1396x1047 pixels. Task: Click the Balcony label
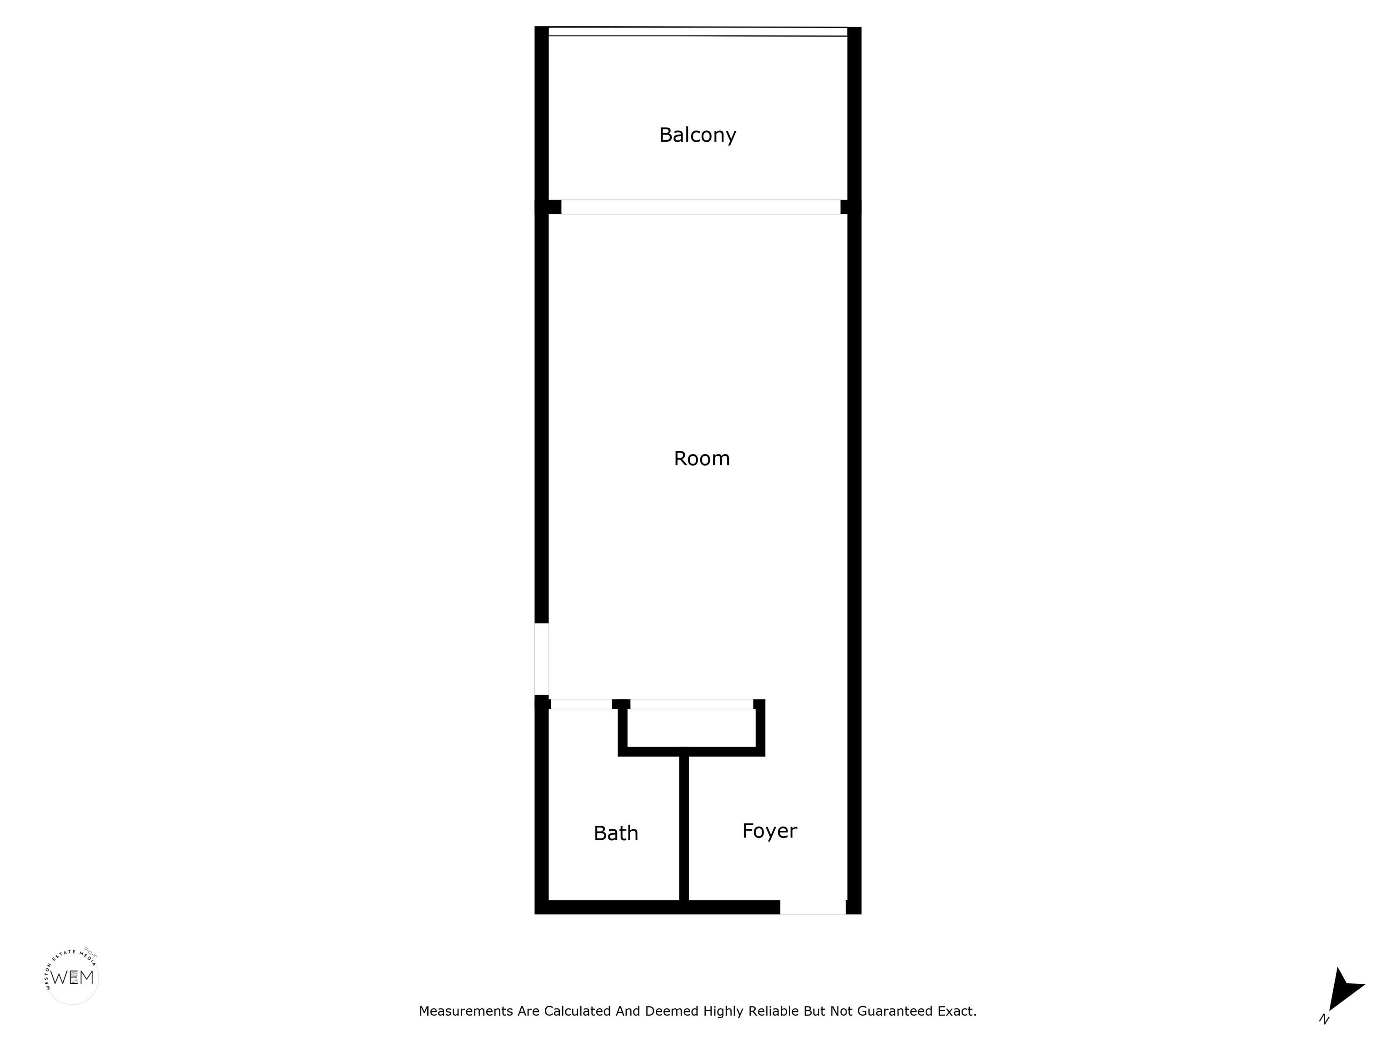(x=698, y=135)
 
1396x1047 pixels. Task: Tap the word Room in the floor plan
(x=702, y=458)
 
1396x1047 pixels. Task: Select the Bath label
(x=616, y=833)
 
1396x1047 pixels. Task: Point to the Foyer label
(x=769, y=831)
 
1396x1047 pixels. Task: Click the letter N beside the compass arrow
(x=1324, y=1019)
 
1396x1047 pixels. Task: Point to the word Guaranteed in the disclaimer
(x=894, y=1011)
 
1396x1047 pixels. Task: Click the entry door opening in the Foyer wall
(x=813, y=907)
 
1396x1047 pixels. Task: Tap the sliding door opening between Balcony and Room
(x=701, y=207)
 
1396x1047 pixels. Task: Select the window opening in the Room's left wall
(x=542, y=659)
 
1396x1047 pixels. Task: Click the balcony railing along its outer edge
(x=698, y=31)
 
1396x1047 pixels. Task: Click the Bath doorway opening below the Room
(x=581, y=704)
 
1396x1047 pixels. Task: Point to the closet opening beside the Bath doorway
(x=692, y=704)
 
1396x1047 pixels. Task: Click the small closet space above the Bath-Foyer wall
(x=691, y=728)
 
